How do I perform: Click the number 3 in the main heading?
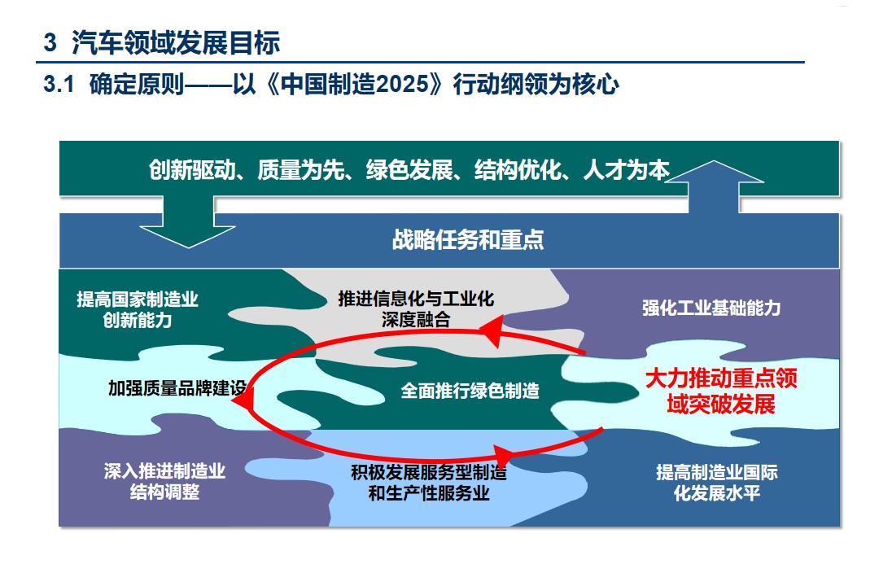point(50,43)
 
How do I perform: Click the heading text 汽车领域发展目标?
point(176,42)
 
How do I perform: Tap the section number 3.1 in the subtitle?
point(59,84)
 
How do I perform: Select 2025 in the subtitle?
point(401,84)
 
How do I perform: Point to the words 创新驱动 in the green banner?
point(192,169)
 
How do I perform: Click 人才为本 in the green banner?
point(627,169)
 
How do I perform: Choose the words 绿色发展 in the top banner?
point(409,169)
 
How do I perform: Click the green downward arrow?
point(188,222)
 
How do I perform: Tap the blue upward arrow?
point(714,186)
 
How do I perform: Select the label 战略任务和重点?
point(468,239)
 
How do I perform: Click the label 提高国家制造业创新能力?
point(138,309)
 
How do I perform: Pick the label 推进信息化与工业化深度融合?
point(416,309)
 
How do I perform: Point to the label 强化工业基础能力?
point(711,308)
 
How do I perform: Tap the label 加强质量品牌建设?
point(177,388)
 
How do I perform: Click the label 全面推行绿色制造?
point(470,391)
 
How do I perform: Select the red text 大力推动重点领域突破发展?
point(721,391)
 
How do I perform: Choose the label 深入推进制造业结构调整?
point(164,481)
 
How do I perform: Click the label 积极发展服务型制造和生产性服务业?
point(428,483)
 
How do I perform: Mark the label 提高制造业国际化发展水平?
point(717,483)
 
